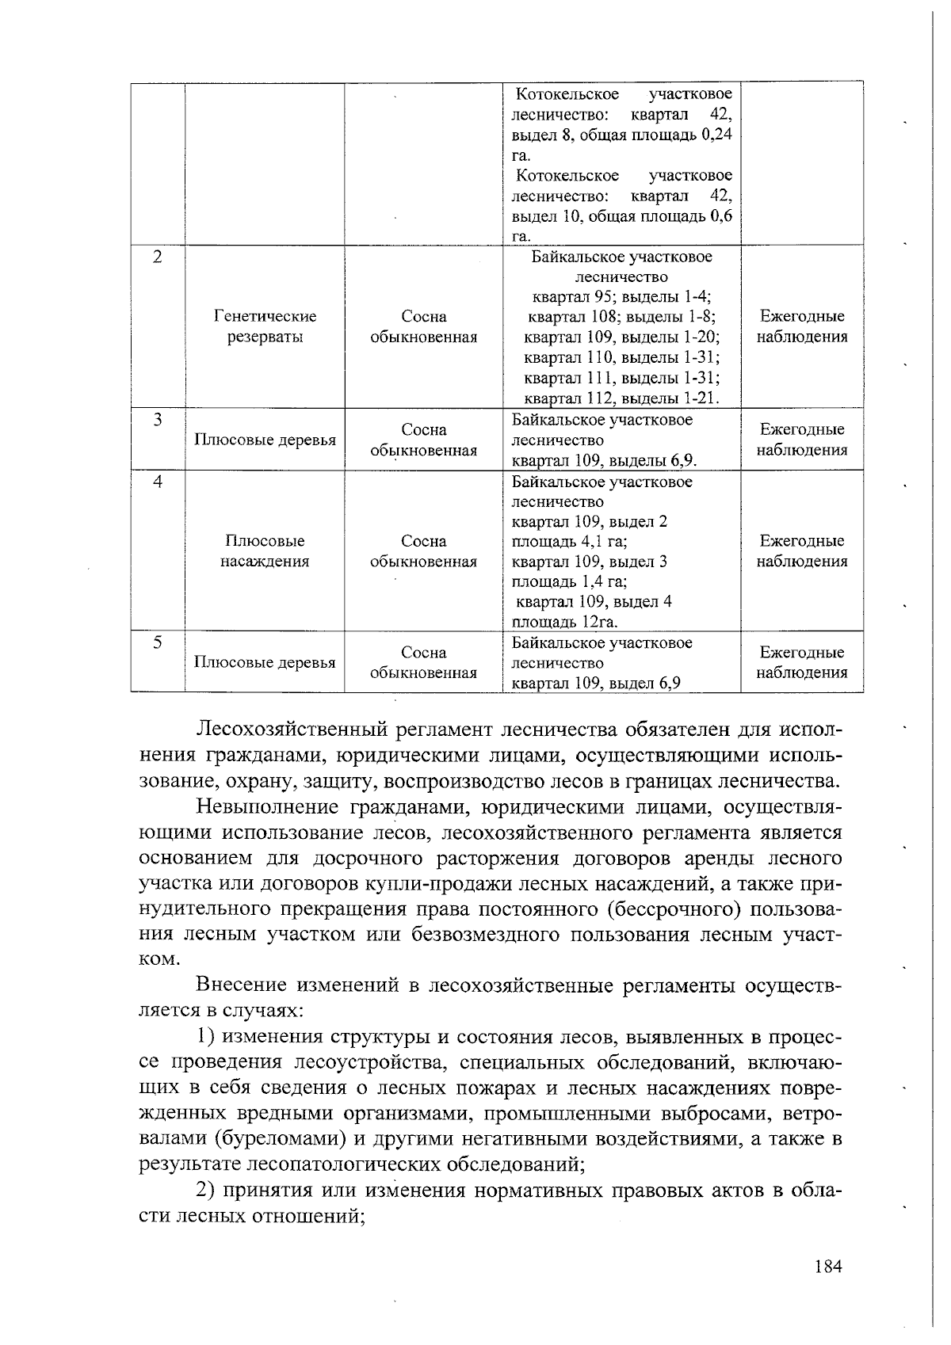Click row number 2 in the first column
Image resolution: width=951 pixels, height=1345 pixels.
click(158, 257)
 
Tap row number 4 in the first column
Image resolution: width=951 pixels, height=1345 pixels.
click(158, 482)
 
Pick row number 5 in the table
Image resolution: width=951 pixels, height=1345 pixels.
click(158, 642)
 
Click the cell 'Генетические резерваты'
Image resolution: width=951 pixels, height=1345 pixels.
click(265, 326)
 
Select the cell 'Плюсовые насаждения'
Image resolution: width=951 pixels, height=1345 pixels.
click(265, 551)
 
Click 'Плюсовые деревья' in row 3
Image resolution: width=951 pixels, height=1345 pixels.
click(265, 440)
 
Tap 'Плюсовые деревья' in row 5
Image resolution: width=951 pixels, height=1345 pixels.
click(265, 663)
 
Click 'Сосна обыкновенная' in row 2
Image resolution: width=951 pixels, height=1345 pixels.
click(424, 326)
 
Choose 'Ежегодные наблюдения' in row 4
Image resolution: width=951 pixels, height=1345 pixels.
click(802, 551)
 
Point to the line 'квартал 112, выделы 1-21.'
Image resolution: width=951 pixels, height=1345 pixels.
click(622, 398)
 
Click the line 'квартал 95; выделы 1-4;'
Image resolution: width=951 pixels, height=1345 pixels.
click(622, 297)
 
